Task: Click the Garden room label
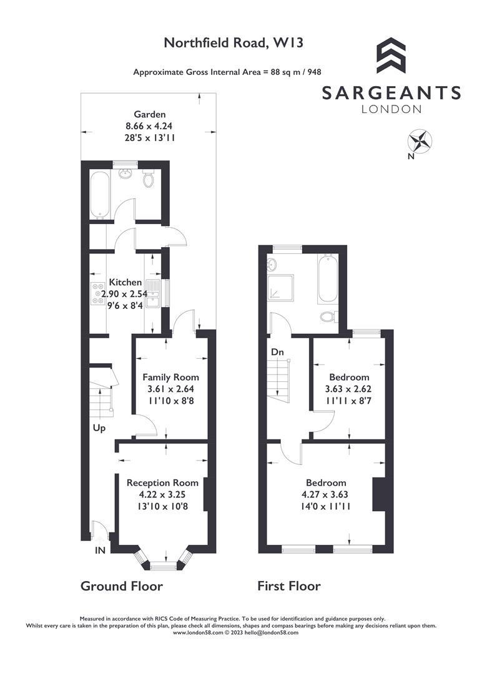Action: pos(149,114)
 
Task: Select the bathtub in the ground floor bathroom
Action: pos(100,194)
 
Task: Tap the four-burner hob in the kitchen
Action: pos(99,294)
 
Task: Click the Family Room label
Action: pos(170,377)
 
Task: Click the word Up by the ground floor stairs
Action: pos(99,429)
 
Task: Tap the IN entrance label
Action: pos(100,551)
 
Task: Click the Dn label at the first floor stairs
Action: pos(278,353)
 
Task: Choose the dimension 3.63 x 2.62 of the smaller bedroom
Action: pos(349,389)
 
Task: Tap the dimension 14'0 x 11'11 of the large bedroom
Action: pos(325,506)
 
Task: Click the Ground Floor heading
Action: pos(122,586)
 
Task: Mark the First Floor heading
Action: pos(289,586)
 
